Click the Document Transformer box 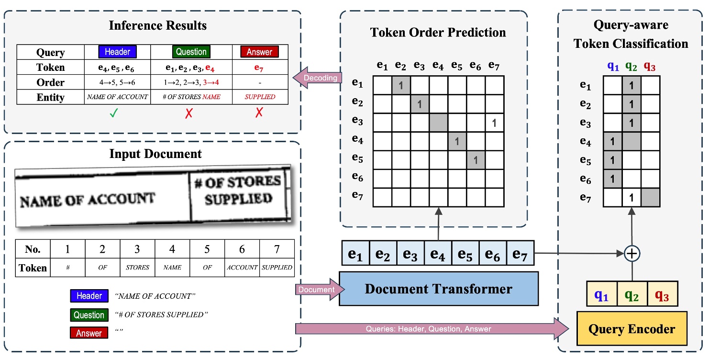(x=438, y=289)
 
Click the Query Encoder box (x=631, y=328)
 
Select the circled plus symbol (x=632, y=254)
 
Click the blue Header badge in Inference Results (x=117, y=52)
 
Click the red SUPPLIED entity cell (x=260, y=97)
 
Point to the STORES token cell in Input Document (x=137, y=268)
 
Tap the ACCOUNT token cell (x=242, y=268)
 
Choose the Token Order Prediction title (x=438, y=33)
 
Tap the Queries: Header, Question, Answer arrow (x=428, y=329)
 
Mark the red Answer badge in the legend (x=89, y=333)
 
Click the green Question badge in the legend (x=89, y=315)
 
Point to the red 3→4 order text (x=211, y=82)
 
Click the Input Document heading (x=155, y=154)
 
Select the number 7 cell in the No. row (x=277, y=249)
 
